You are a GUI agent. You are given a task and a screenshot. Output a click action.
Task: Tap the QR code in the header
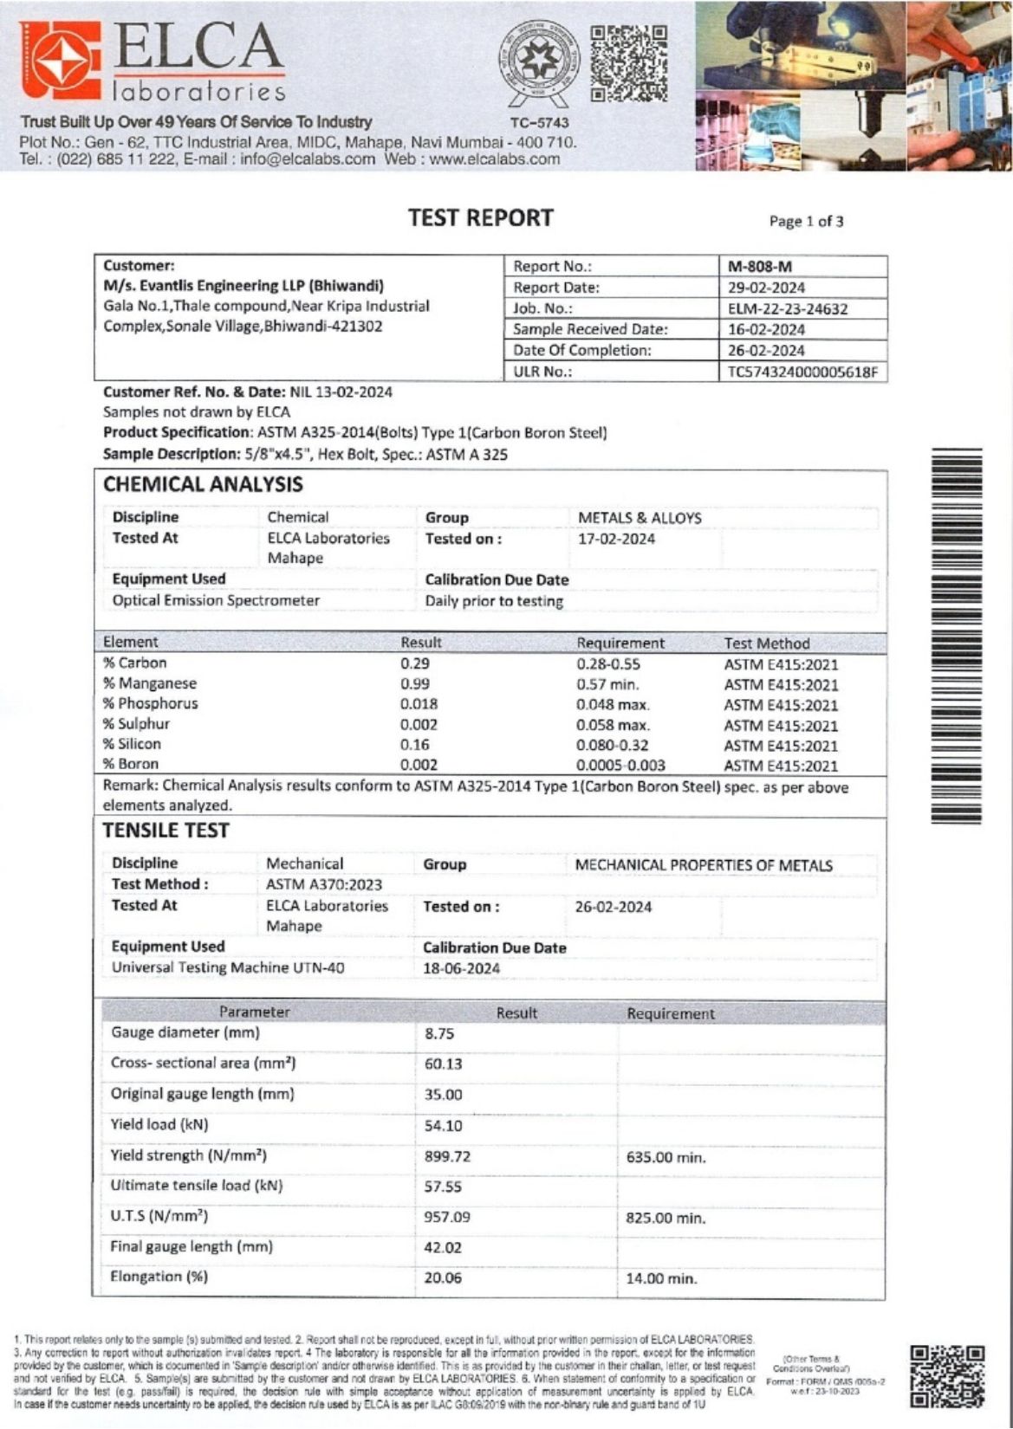(629, 62)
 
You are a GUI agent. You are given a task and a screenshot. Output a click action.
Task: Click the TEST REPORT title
(481, 218)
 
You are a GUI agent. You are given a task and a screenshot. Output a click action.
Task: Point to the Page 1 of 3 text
(806, 222)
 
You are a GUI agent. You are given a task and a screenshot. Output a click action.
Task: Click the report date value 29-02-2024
(766, 288)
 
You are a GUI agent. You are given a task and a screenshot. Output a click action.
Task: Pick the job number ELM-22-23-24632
(787, 308)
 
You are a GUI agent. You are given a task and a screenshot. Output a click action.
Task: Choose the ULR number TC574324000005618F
(802, 372)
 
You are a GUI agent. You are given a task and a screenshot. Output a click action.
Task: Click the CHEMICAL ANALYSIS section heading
(203, 485)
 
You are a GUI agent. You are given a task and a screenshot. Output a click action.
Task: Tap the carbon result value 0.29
(414, 663)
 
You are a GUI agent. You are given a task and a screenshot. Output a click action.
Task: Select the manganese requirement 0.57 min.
(607, 684)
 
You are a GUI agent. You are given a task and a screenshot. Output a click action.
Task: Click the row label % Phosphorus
(150, 704)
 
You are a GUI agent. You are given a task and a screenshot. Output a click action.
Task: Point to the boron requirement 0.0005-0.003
(620, 766)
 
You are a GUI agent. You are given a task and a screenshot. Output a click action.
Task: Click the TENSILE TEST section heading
(166, 831)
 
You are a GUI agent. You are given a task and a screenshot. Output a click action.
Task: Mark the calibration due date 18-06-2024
(461, 969)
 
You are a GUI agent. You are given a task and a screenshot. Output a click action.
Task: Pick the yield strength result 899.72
(447, 1157)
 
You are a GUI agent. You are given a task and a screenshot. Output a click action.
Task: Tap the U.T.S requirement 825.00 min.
(666, 1219)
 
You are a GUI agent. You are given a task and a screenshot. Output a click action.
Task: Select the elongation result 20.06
(443, 1278)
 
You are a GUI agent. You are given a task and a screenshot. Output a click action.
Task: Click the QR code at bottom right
(947, 1376)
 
